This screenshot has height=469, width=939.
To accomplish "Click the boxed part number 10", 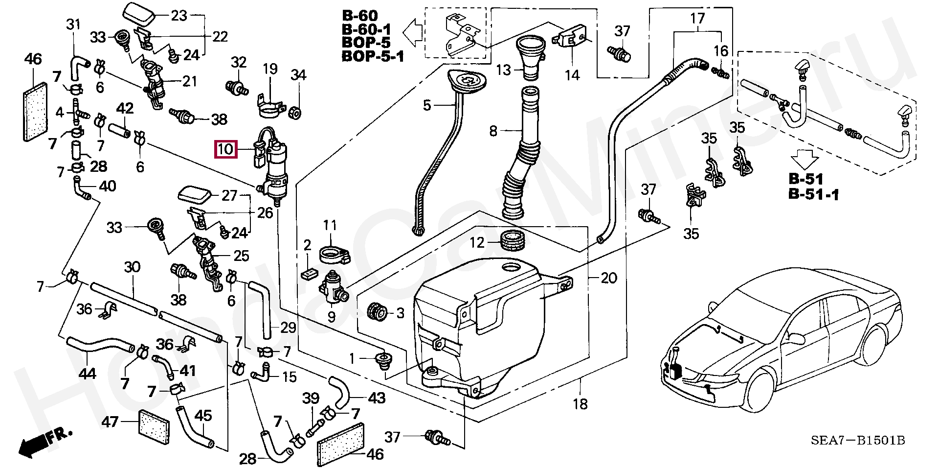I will [225, 149].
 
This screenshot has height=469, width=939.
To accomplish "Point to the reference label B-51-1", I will [813, 194].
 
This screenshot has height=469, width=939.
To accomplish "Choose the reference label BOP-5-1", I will [373, 57].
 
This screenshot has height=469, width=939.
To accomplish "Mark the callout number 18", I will [581, 404].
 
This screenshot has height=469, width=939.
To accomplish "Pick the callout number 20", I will [608, 278].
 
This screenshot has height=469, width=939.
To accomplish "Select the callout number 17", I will [697, 19].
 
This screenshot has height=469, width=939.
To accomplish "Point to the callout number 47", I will [111, 421].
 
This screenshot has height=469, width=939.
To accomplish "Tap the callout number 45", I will [203, 416].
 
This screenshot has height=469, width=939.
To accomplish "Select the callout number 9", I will [332, 317].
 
